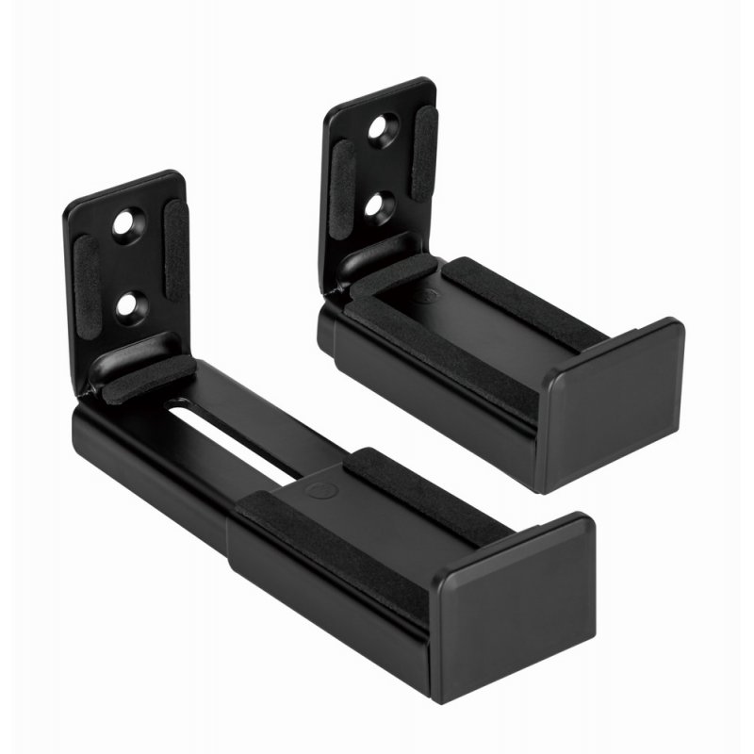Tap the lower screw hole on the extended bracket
[x=125, y=303]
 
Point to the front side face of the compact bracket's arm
[x=424, y=396]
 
